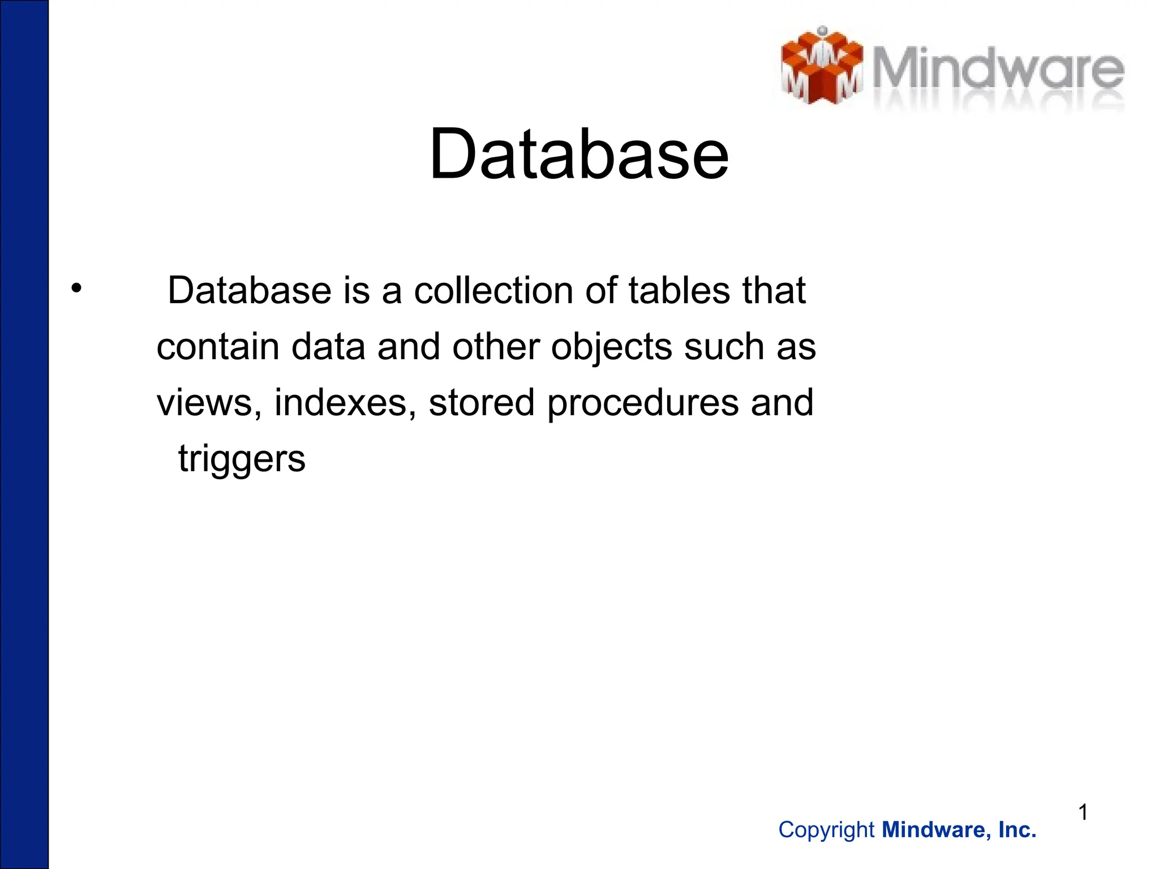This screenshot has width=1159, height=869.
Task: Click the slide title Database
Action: click(x=579, y=154)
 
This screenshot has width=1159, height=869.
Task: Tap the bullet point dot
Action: click(x=76, y=289)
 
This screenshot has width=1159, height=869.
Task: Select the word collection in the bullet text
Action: click(x=493, y=290)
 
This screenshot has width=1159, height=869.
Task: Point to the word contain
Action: click(x=218, y=346)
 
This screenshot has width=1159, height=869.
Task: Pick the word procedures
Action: click(x=643, y=403)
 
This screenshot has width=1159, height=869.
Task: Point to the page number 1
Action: click(x=1083, y=812)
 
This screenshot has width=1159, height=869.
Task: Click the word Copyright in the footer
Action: click(x=826, y=830)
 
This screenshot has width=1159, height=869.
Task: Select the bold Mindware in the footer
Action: click(x=936, y=830)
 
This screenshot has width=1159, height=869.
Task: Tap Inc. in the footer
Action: click(x=1017, y=830)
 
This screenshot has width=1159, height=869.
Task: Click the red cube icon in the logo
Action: click(x=822, y=67)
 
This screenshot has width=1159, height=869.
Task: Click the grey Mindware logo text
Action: click(x=997, y=71)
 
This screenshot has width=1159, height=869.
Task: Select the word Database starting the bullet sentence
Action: click(x=250, y=290)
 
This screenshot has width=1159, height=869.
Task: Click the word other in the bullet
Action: click(x=496, y=346)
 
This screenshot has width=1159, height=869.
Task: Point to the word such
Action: click(x=724, y=346)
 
